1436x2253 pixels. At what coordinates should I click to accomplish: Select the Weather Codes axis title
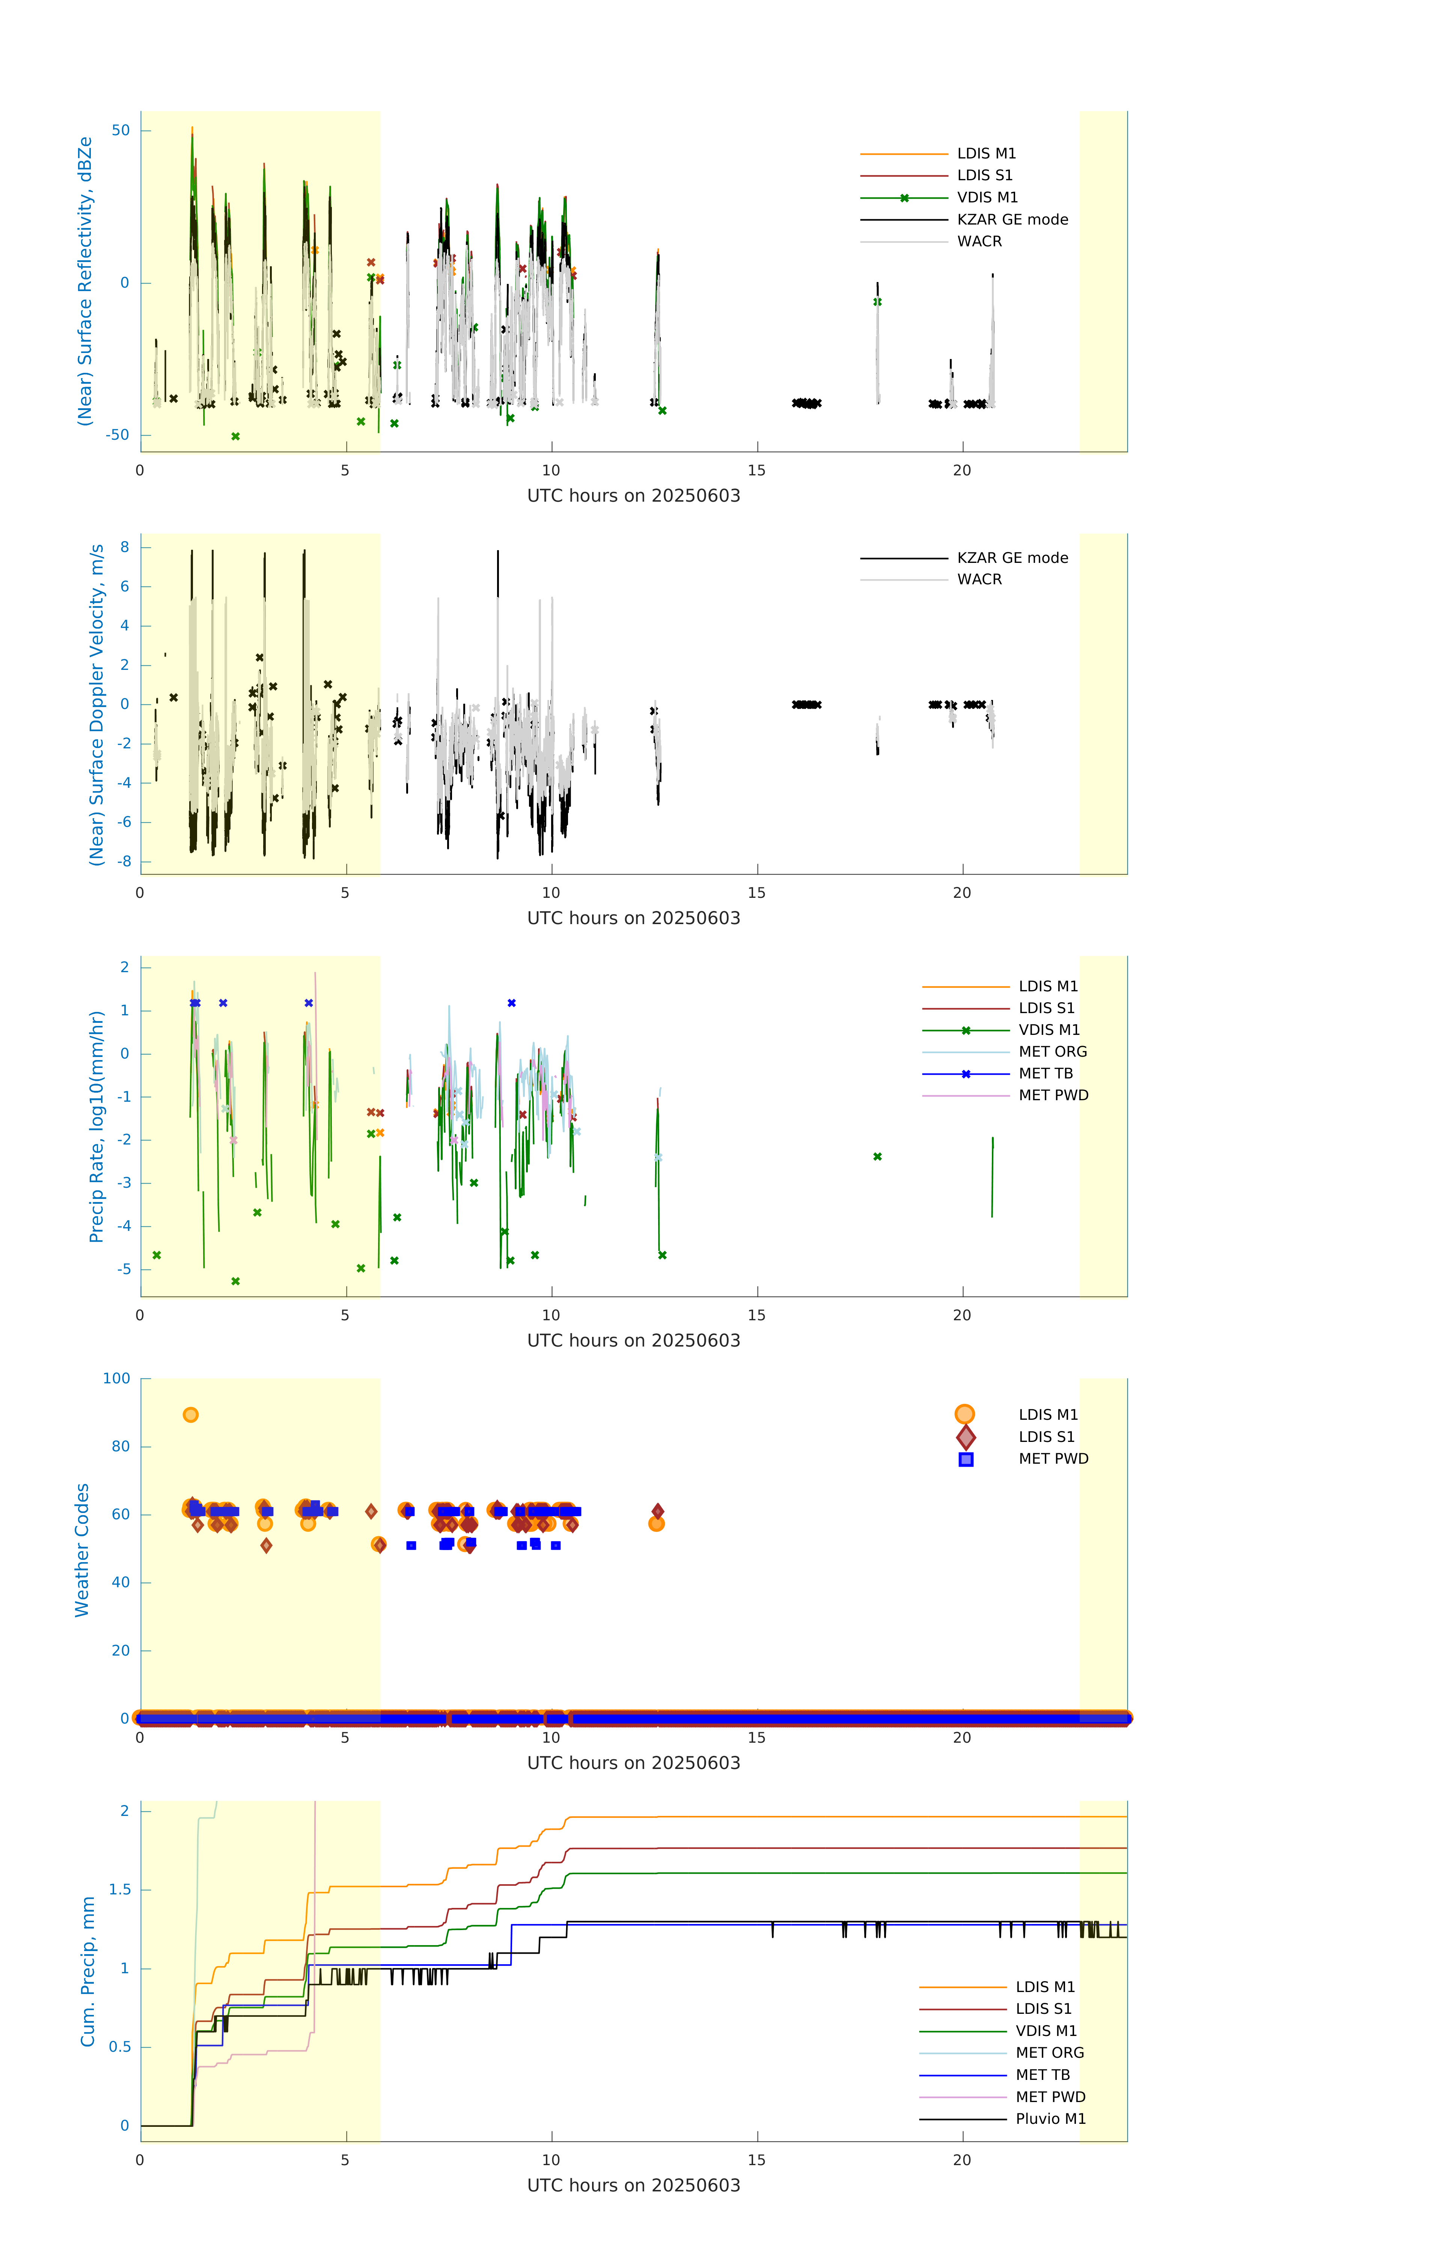point(82,1549)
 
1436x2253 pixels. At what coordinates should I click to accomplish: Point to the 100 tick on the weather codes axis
point(117,1378)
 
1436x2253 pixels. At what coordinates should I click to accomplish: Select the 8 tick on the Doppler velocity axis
point(124,547)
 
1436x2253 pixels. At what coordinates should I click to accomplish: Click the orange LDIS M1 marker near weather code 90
point(191,1415)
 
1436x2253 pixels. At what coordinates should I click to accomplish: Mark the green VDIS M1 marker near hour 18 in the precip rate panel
point(877,1157)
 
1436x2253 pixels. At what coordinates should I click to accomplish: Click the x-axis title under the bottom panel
point(633,2186)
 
